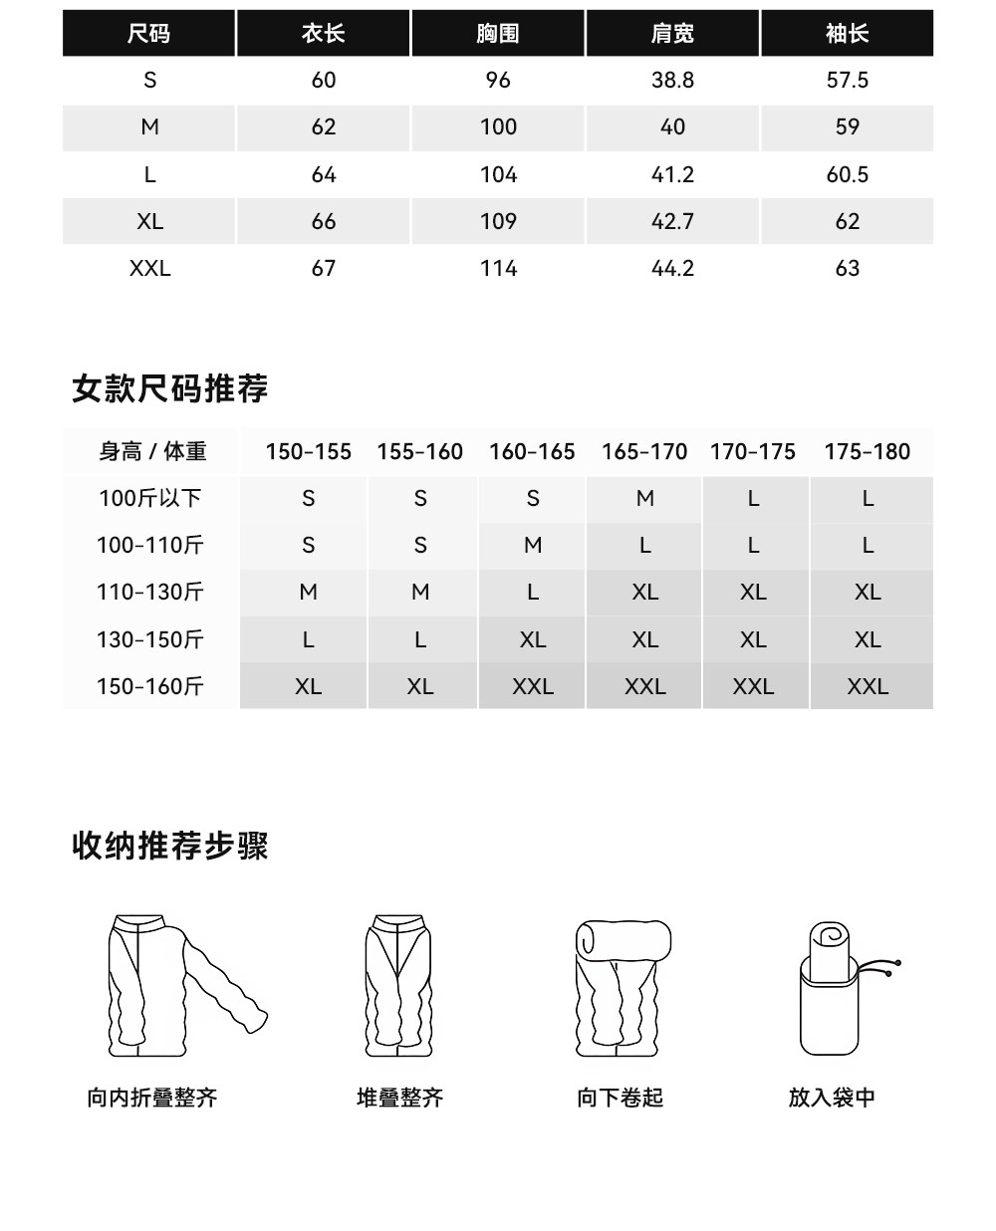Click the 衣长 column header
323,34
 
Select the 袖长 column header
847,34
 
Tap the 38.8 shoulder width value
672,81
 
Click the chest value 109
498,221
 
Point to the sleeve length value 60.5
847,174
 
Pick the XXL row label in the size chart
149,268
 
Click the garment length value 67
323,268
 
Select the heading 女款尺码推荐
170,388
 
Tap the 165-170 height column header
644,452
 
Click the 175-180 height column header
867,452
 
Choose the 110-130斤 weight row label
149,593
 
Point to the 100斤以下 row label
149,498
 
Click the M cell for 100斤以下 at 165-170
644,498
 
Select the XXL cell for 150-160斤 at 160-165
533,686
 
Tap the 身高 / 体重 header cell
152,452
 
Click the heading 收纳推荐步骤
170,847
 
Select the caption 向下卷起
620,1098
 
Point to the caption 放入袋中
832,1098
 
